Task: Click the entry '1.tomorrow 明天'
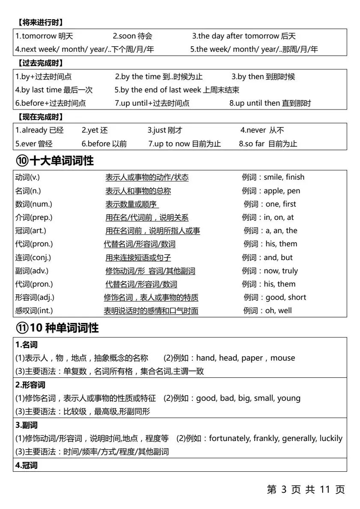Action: click(44, 36)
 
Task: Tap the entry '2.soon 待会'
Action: click(132, 36)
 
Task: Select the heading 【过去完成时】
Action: click(41, 63)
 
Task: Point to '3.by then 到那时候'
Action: click(263, 77)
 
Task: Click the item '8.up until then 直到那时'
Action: click(270, 103)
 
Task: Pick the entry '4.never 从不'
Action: click(262, 130)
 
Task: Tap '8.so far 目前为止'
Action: click(268, 144)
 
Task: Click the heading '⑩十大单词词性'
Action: click(55, 161)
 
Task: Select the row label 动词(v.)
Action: click(27, 178)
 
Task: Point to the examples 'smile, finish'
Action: click(284, 178)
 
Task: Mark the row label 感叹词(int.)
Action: click(34, 311)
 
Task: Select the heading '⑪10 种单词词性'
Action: click(57, 328)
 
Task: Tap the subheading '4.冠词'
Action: click(27, 465)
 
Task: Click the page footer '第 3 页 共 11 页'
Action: click(306, 490)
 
